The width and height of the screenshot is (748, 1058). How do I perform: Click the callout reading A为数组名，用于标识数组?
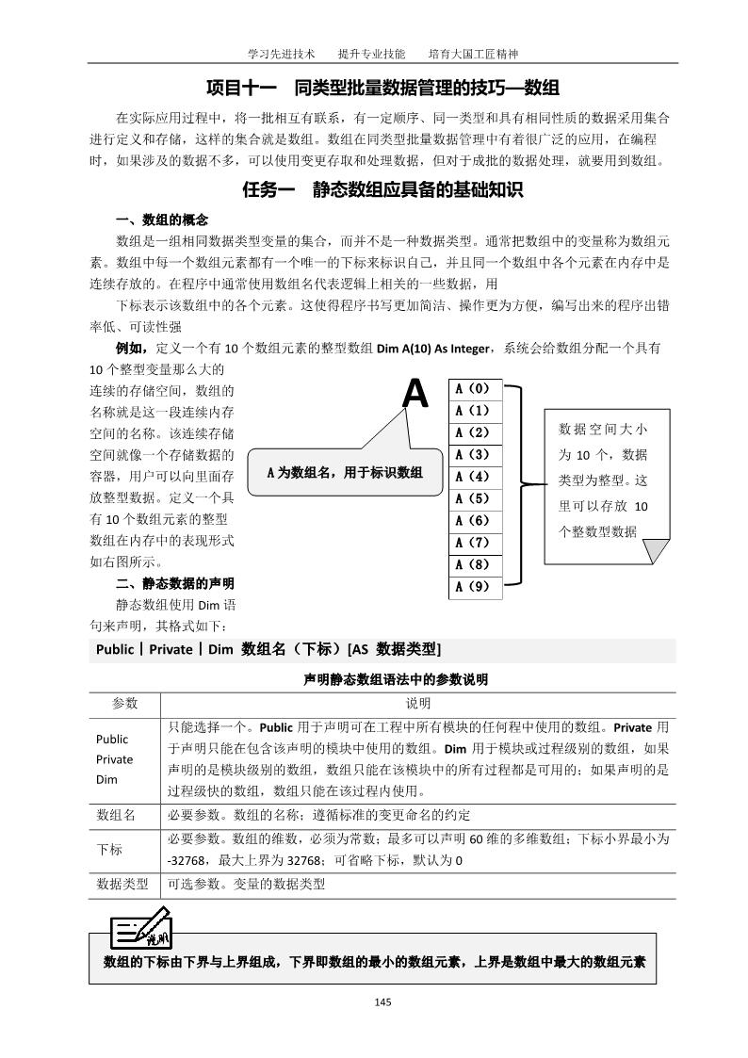(343, 472)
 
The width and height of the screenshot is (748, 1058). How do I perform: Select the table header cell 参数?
(124, 704)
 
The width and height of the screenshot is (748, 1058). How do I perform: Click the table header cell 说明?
(418, 704)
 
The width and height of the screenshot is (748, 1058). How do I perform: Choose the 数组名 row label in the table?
(116, 814)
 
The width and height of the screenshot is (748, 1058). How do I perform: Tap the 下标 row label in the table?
(109, 850)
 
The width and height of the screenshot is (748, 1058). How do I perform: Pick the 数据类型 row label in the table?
(122, 885)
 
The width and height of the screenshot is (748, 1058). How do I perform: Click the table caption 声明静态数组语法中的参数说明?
(382, 678)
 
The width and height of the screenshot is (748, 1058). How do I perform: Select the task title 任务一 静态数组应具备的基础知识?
(382, 189)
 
